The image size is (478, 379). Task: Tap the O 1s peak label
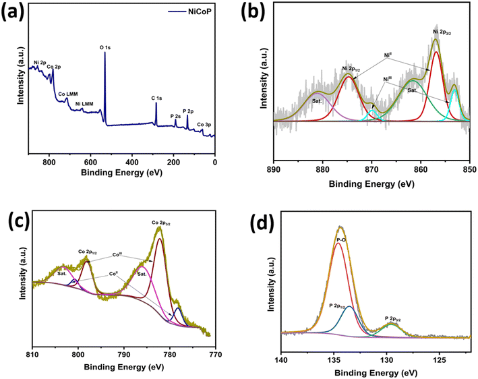106,48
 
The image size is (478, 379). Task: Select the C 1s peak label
156,98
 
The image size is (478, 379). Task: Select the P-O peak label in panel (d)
341,239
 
